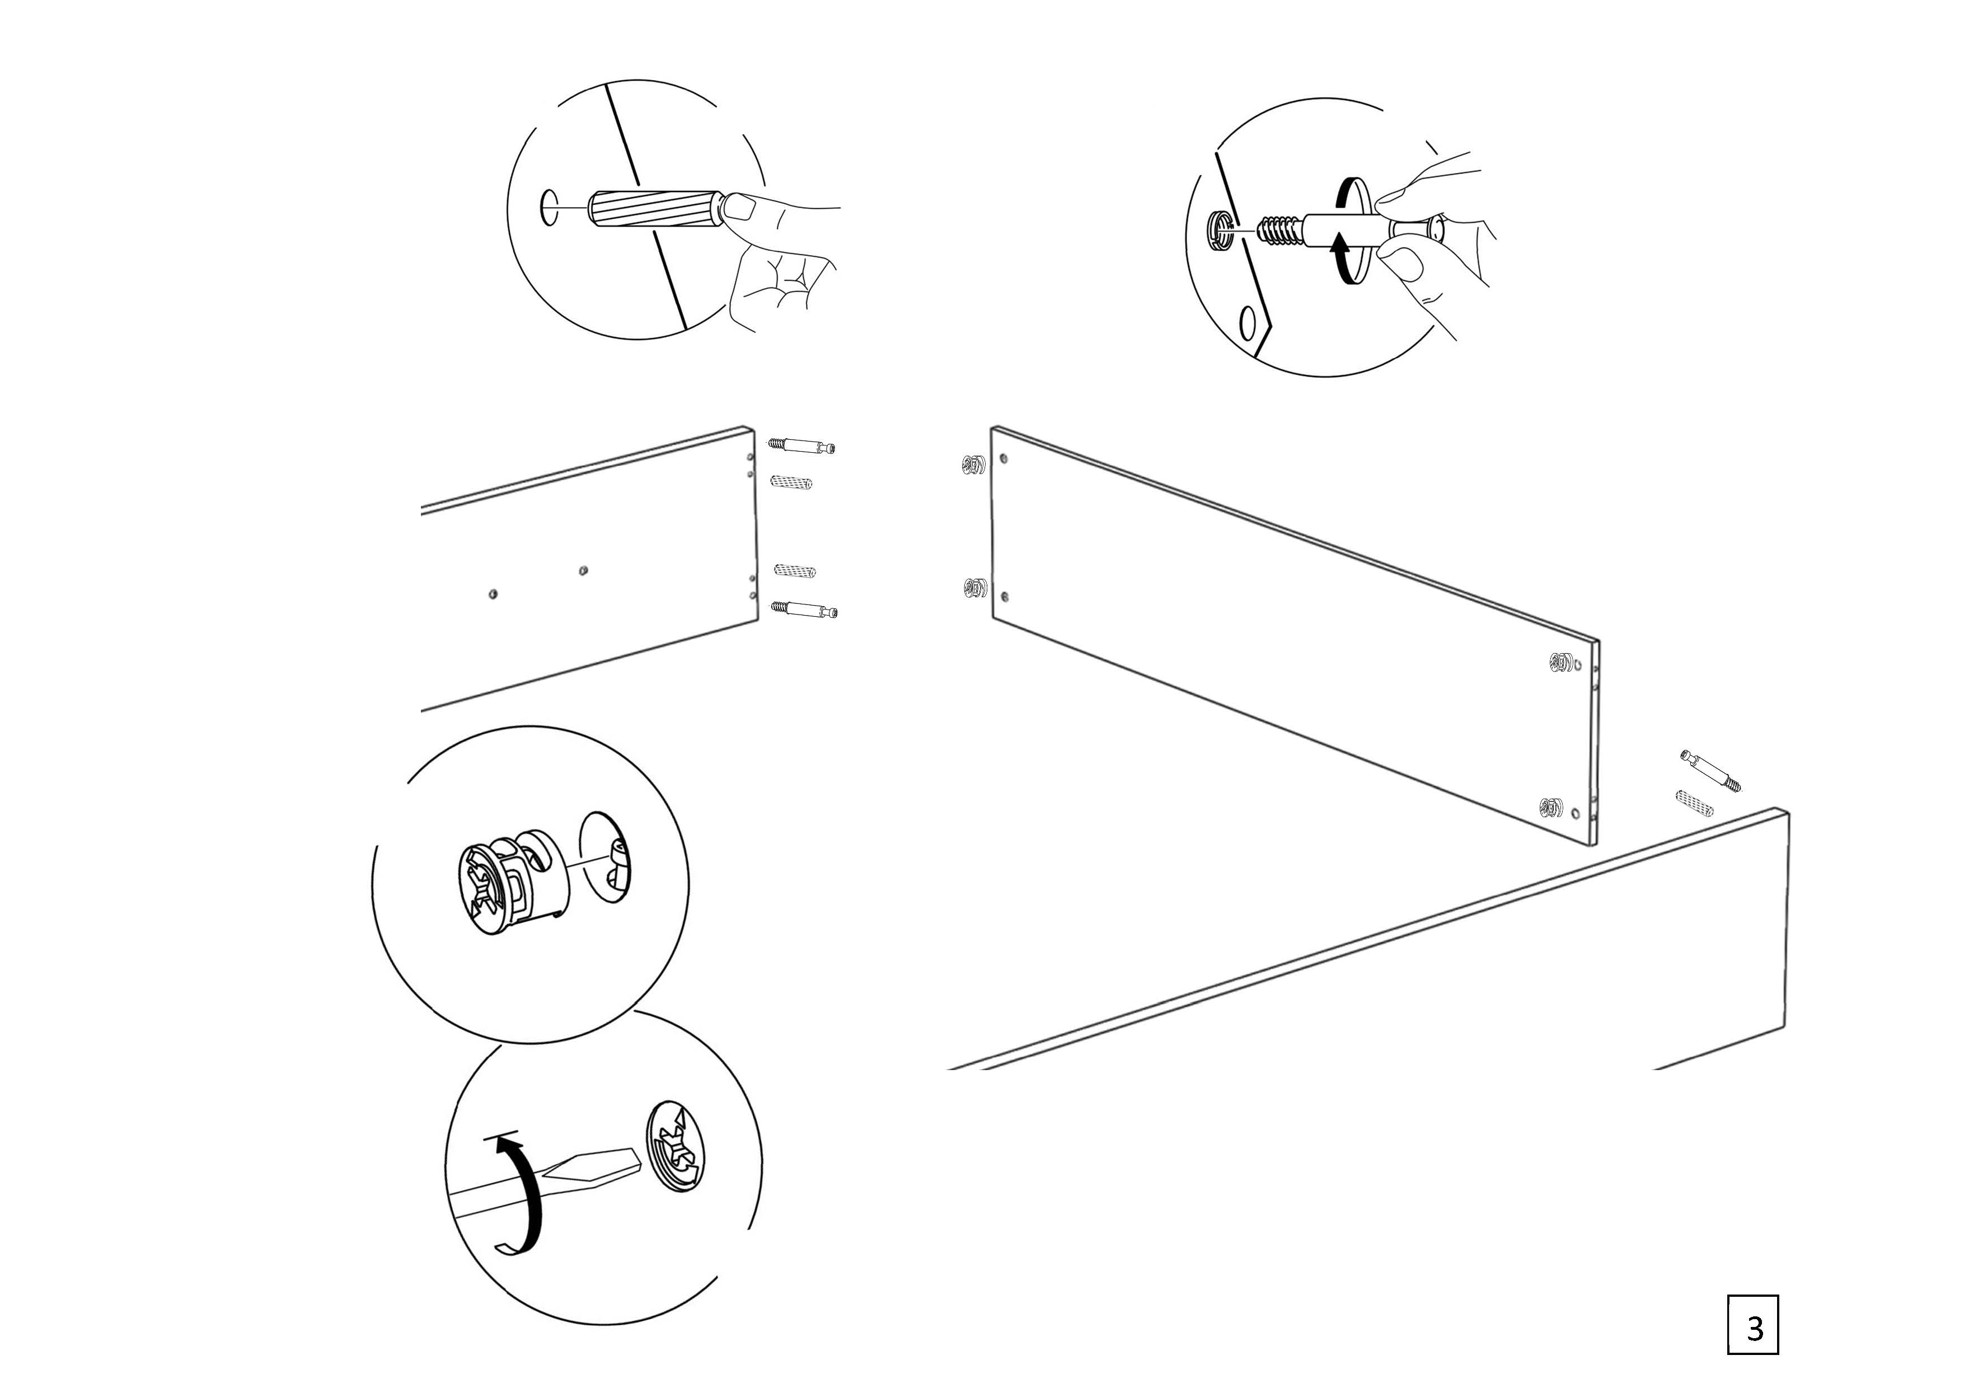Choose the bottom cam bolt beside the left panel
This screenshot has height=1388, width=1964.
coord(804,609)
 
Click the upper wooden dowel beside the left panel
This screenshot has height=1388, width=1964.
coord(791,482)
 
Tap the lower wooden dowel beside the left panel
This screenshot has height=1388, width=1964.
coord(795,570)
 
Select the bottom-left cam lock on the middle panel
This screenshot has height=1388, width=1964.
coord(973,588)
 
